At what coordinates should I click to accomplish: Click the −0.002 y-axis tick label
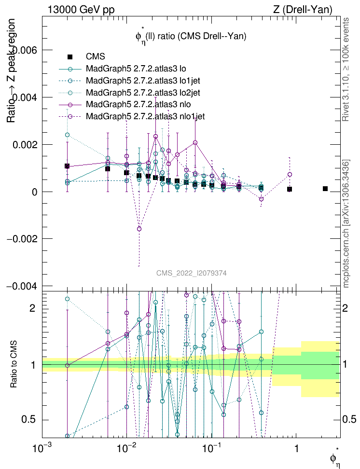click(x=22, y=239)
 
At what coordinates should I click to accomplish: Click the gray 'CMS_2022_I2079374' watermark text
click(x=192, y=273)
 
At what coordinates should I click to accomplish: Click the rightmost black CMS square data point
click(x=325, y=189)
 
